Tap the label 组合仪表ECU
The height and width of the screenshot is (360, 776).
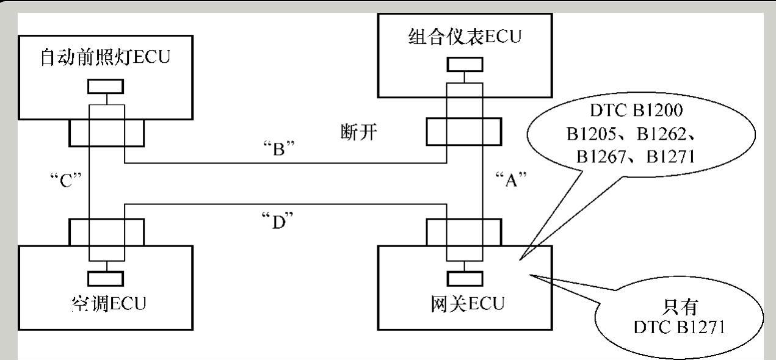465,37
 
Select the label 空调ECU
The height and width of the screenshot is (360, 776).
108,303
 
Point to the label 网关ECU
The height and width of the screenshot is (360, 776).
468,303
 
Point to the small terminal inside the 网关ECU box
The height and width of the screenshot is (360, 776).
465,278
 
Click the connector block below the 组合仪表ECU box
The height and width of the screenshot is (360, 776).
464,130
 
